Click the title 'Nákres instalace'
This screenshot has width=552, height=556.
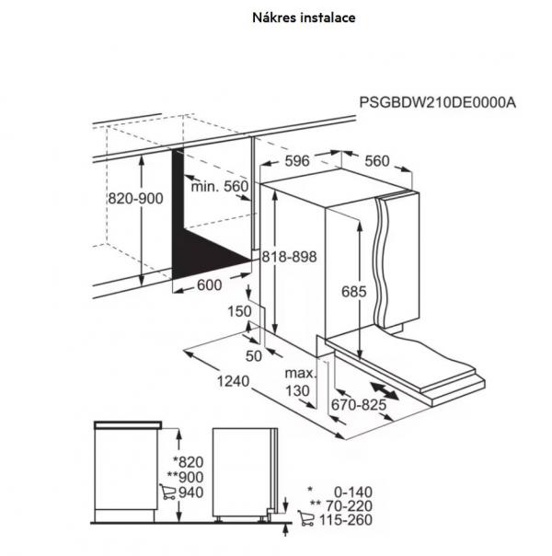(x=304, y=17)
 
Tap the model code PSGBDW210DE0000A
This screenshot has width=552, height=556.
(x=438, y=102)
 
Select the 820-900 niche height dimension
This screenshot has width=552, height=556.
(x=135, y=198)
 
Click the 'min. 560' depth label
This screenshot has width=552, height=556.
(x=220, y=186)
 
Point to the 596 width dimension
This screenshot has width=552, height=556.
(x=297, y=160)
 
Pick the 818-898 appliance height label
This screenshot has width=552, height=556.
(x=289, y=257)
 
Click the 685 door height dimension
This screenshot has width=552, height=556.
(x=353, y=292)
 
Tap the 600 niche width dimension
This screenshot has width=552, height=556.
(x=209, y=284)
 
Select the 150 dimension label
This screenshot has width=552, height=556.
(x=239, y=311)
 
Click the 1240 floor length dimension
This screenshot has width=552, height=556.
(x=233, y=381)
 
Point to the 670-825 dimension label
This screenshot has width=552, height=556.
(x=359, y=405)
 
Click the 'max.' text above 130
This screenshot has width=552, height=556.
(x=300, y=373)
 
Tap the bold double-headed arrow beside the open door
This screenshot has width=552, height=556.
(x=384, y=390)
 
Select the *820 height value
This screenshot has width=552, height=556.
(x=188, y=462)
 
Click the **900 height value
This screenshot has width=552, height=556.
(x=185, y=477)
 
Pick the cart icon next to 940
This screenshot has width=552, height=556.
(x=167, y=492)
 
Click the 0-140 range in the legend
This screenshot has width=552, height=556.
(x=353, y=492)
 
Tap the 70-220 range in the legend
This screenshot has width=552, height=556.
(x=349, y=505)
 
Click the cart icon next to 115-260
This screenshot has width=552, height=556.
(x=305, y=518)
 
